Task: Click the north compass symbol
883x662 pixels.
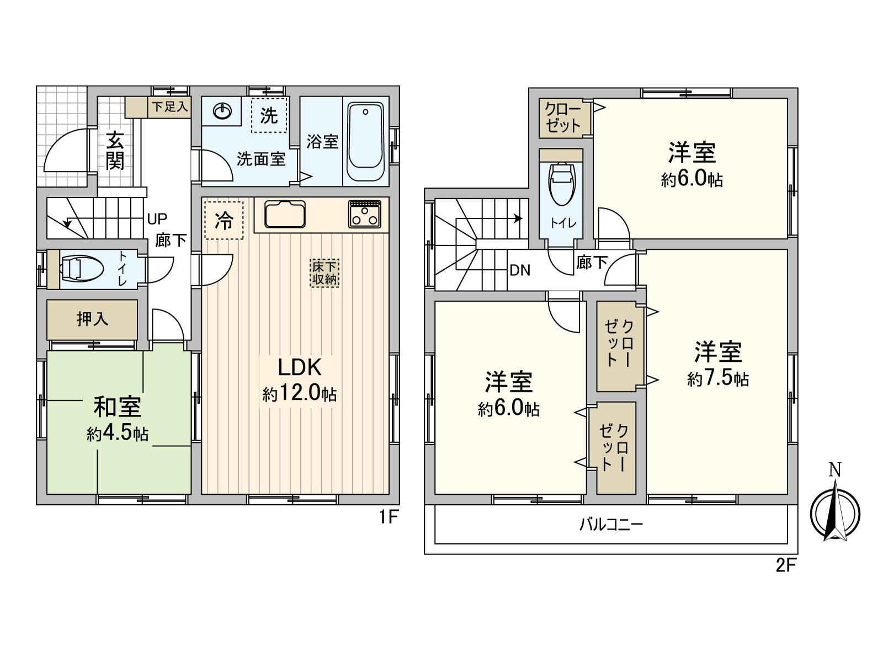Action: click(x=835, y=511)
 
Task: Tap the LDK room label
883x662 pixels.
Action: click(x=299, y=367)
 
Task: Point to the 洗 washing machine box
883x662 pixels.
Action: click(x=269, y=115)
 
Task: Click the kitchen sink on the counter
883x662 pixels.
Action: click(x=285, y=214)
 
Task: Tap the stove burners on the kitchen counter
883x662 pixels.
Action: click(x=365, y=214)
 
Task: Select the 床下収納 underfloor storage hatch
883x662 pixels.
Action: click(x=325, y=273)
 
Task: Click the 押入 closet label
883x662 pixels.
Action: click(x=92, y=319)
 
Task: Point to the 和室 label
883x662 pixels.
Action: click(x=117, y=407)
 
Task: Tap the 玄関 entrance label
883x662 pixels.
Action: click(x=115, y=151)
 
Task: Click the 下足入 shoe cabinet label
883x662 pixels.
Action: click(x=170, y=106)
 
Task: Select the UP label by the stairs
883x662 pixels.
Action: click(x=157, y=219)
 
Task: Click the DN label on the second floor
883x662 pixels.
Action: click(x=520, y=270)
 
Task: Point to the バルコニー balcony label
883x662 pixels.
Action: click(x=611, y=524)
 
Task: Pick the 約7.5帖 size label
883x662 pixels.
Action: click(x=718, y=378)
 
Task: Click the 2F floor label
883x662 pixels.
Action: click(x=786, y=565)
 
